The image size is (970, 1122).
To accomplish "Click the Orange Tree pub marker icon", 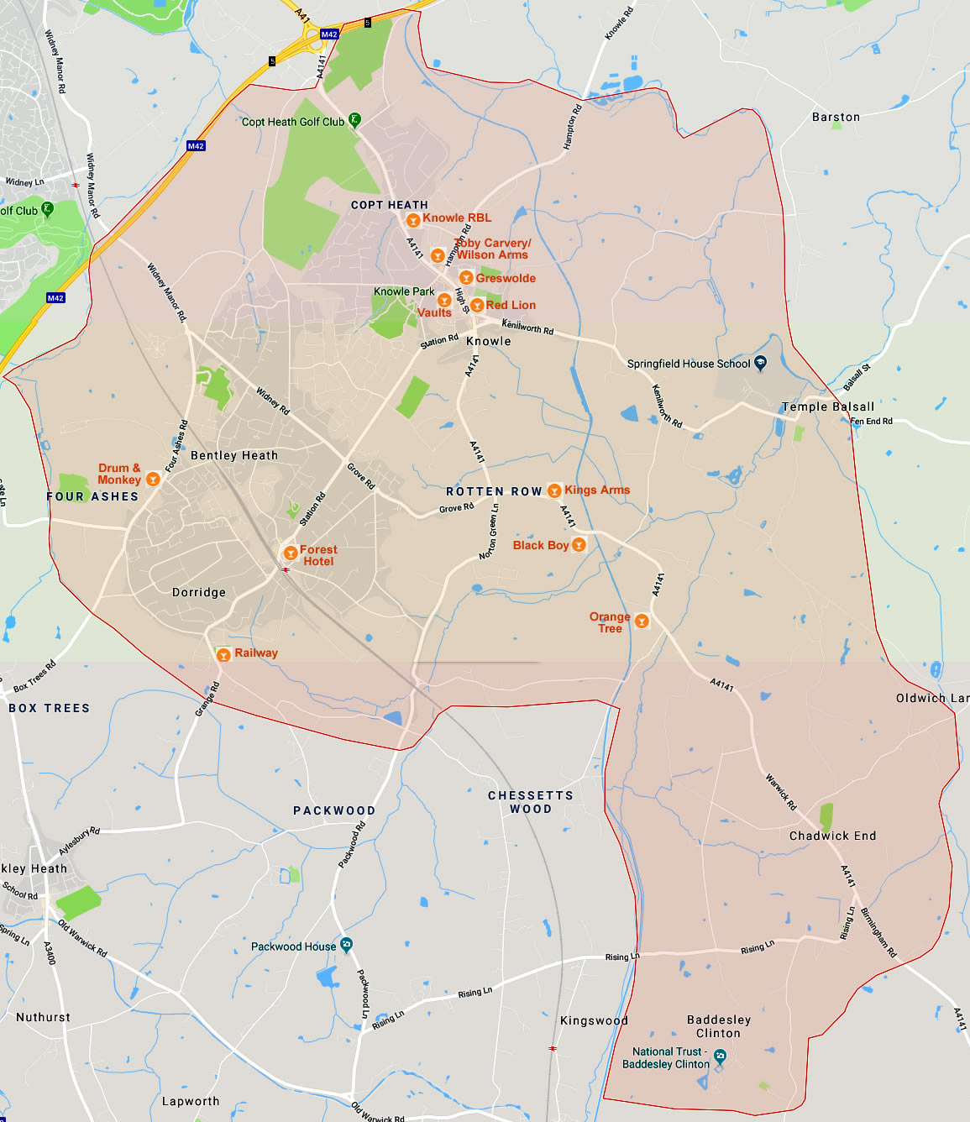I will click(642, 621).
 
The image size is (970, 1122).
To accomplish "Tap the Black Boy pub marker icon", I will click(579, 545).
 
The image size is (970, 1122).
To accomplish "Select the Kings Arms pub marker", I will click(554, 490).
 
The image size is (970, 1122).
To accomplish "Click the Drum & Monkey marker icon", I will click(153, 480).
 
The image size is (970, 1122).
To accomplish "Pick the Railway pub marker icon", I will click(223, 654).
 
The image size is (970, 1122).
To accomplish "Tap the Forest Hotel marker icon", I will click(291, 553).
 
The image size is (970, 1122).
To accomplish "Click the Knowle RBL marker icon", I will click(413, 220).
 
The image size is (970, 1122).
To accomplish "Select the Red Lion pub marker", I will click(477, 305).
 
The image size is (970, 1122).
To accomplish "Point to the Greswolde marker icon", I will click(466, 278).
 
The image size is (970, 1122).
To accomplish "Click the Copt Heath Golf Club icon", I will click(354, 120).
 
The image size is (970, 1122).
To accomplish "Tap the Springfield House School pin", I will click(760, 364).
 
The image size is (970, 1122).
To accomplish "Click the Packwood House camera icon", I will click(346, 945).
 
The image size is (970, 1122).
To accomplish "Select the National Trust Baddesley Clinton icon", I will click(720, 1056).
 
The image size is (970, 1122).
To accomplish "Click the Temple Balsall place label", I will click(828, 406).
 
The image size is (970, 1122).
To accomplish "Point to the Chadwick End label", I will click(832, 836).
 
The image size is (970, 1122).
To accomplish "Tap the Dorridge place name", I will click(199, 592).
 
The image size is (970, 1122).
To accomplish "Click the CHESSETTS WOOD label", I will click(531, 802).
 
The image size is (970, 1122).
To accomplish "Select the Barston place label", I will click(836, 117).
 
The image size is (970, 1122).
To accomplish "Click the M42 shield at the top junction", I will click(329, 34).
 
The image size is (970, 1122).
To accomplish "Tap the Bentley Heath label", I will click(233, 455).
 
